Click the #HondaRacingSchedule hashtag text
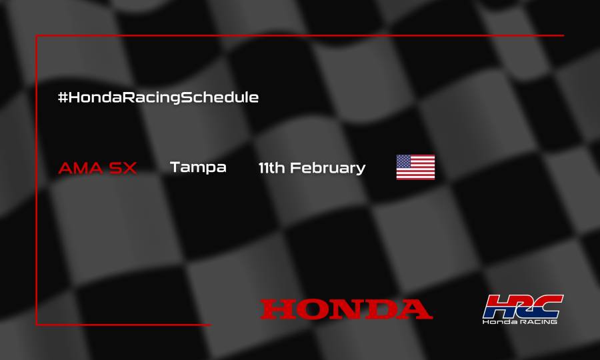coord(158,97)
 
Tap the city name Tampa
coord(198,167)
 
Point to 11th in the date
coord(272,168)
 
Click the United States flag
coord(415,167)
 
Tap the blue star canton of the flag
coord(404,161)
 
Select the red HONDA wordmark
coord(346,309)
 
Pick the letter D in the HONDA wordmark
coord(378,309)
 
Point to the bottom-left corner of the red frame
coord(36,325)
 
